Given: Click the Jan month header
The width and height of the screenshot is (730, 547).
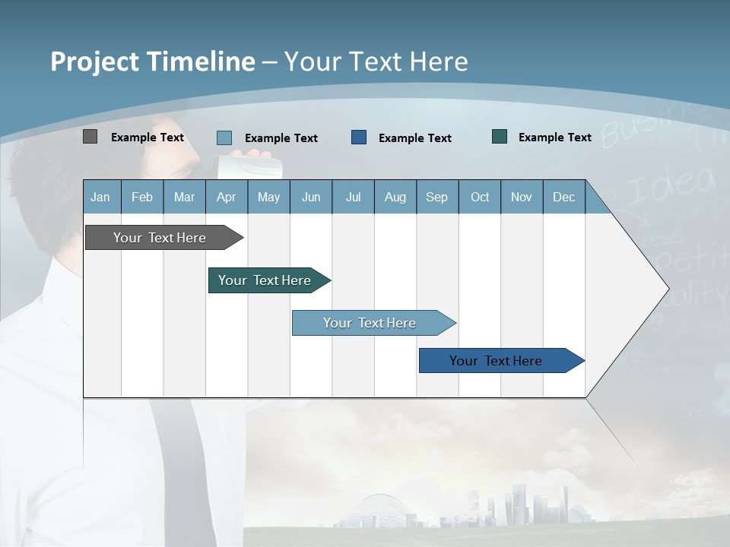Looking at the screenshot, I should pyautogui.click(x=101, y=197).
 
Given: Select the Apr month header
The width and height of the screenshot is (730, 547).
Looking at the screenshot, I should pyautogui.click(x=227, y=197).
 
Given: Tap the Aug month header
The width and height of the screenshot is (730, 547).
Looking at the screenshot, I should pyautogui.click(x=395, y=197).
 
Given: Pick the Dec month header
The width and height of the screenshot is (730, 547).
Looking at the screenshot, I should pyautogui.click(x=564, y=197).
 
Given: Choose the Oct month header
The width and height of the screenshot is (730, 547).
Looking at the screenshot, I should pyautogui.click(x=480, y=197).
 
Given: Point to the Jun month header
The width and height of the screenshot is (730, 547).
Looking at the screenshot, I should pyautogui.click(x=311, y=197).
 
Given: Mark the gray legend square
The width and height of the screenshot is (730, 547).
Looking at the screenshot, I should pyautogui.click(x=90, y=137).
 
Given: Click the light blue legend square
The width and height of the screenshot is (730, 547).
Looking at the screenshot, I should pyautogui.click(x=224, y=138).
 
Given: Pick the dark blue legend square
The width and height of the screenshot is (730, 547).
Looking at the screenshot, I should pyautogui.click(x=359, y=137).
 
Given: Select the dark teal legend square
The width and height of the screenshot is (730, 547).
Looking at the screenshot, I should pyautogui.click(x=500, y=137).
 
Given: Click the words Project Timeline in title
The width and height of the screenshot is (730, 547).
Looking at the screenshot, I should pyautogui.click(x=152, y=62).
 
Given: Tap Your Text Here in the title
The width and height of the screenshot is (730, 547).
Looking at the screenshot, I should pyautogui.click(x=376, y=62).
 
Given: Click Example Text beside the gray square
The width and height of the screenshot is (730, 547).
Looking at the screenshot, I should pyautogui.click(x=148, y=138).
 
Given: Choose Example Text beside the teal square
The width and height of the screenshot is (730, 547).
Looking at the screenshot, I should pyautogui.click(x=555, y=138).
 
